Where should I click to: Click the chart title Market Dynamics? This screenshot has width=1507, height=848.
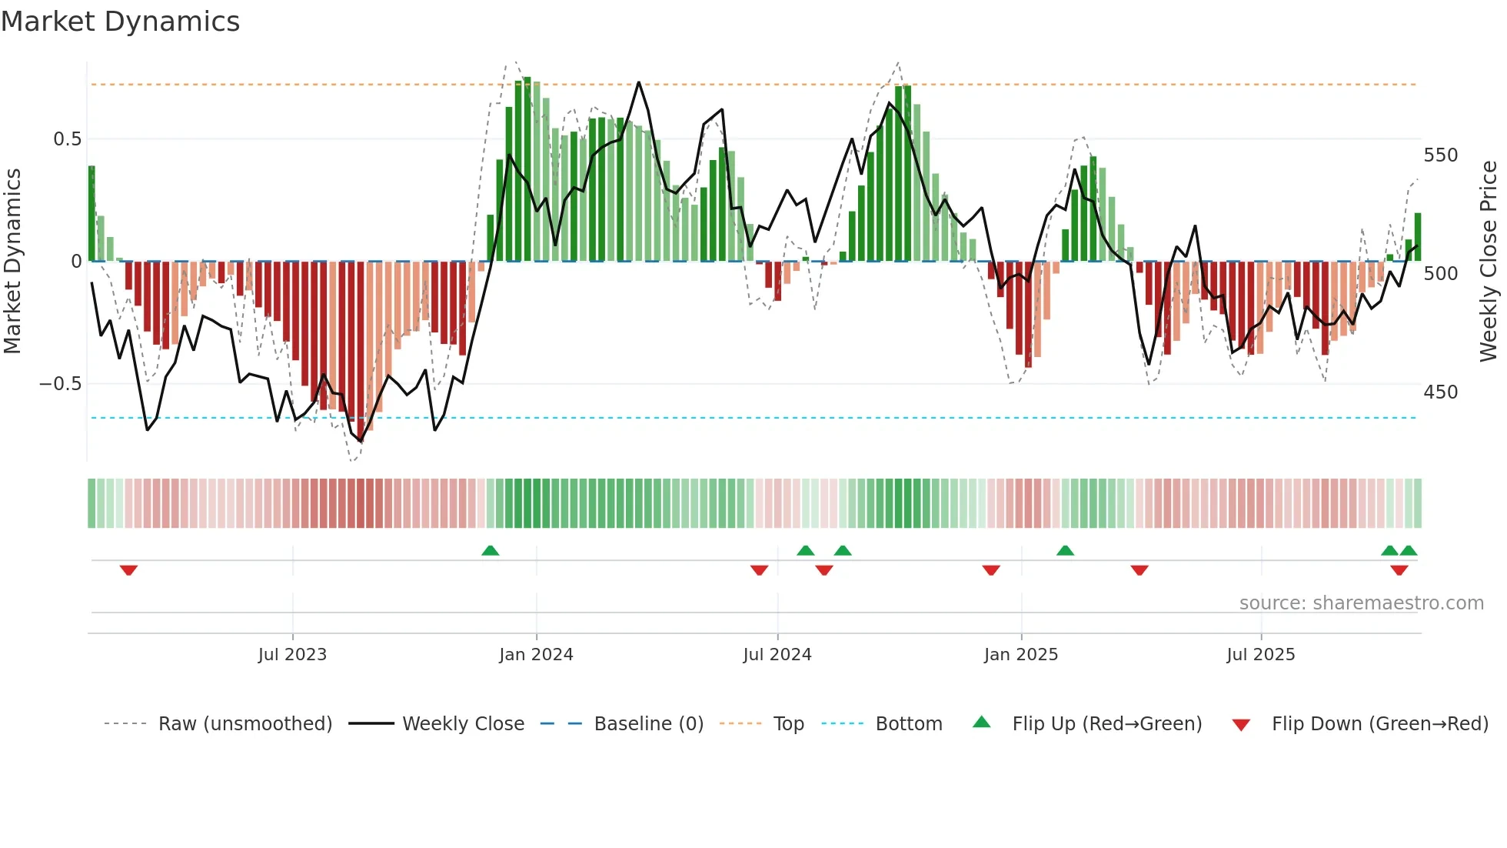[120, 22]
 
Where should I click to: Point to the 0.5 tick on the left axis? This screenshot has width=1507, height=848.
[67, 139]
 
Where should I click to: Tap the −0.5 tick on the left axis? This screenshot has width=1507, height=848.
[61, 384]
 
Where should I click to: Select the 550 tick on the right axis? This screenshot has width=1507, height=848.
[1440, 155]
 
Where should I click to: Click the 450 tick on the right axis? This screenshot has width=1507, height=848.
[1440, 392]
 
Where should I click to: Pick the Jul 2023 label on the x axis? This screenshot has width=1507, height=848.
[292, 655]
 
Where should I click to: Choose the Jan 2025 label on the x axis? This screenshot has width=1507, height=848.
[1020, 655]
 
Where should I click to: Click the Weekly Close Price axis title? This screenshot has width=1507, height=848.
[1489, 262]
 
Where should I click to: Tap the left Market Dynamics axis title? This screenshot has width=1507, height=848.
[12, 262]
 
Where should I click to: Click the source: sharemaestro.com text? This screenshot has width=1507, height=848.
[1361, 603]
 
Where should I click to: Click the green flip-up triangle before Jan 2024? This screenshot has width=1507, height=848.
[490, 551]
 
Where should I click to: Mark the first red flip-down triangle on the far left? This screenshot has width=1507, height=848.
[128, 570]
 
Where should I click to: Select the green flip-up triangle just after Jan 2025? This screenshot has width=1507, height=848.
[1065, 551]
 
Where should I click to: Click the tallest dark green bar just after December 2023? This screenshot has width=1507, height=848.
[527, 169]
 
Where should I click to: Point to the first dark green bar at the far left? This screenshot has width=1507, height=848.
[91, 214]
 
